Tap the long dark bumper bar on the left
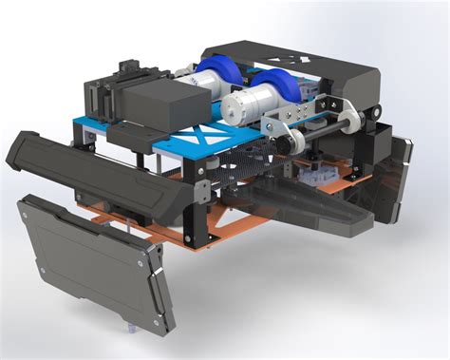pyautogui.click(x=95, y=171)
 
